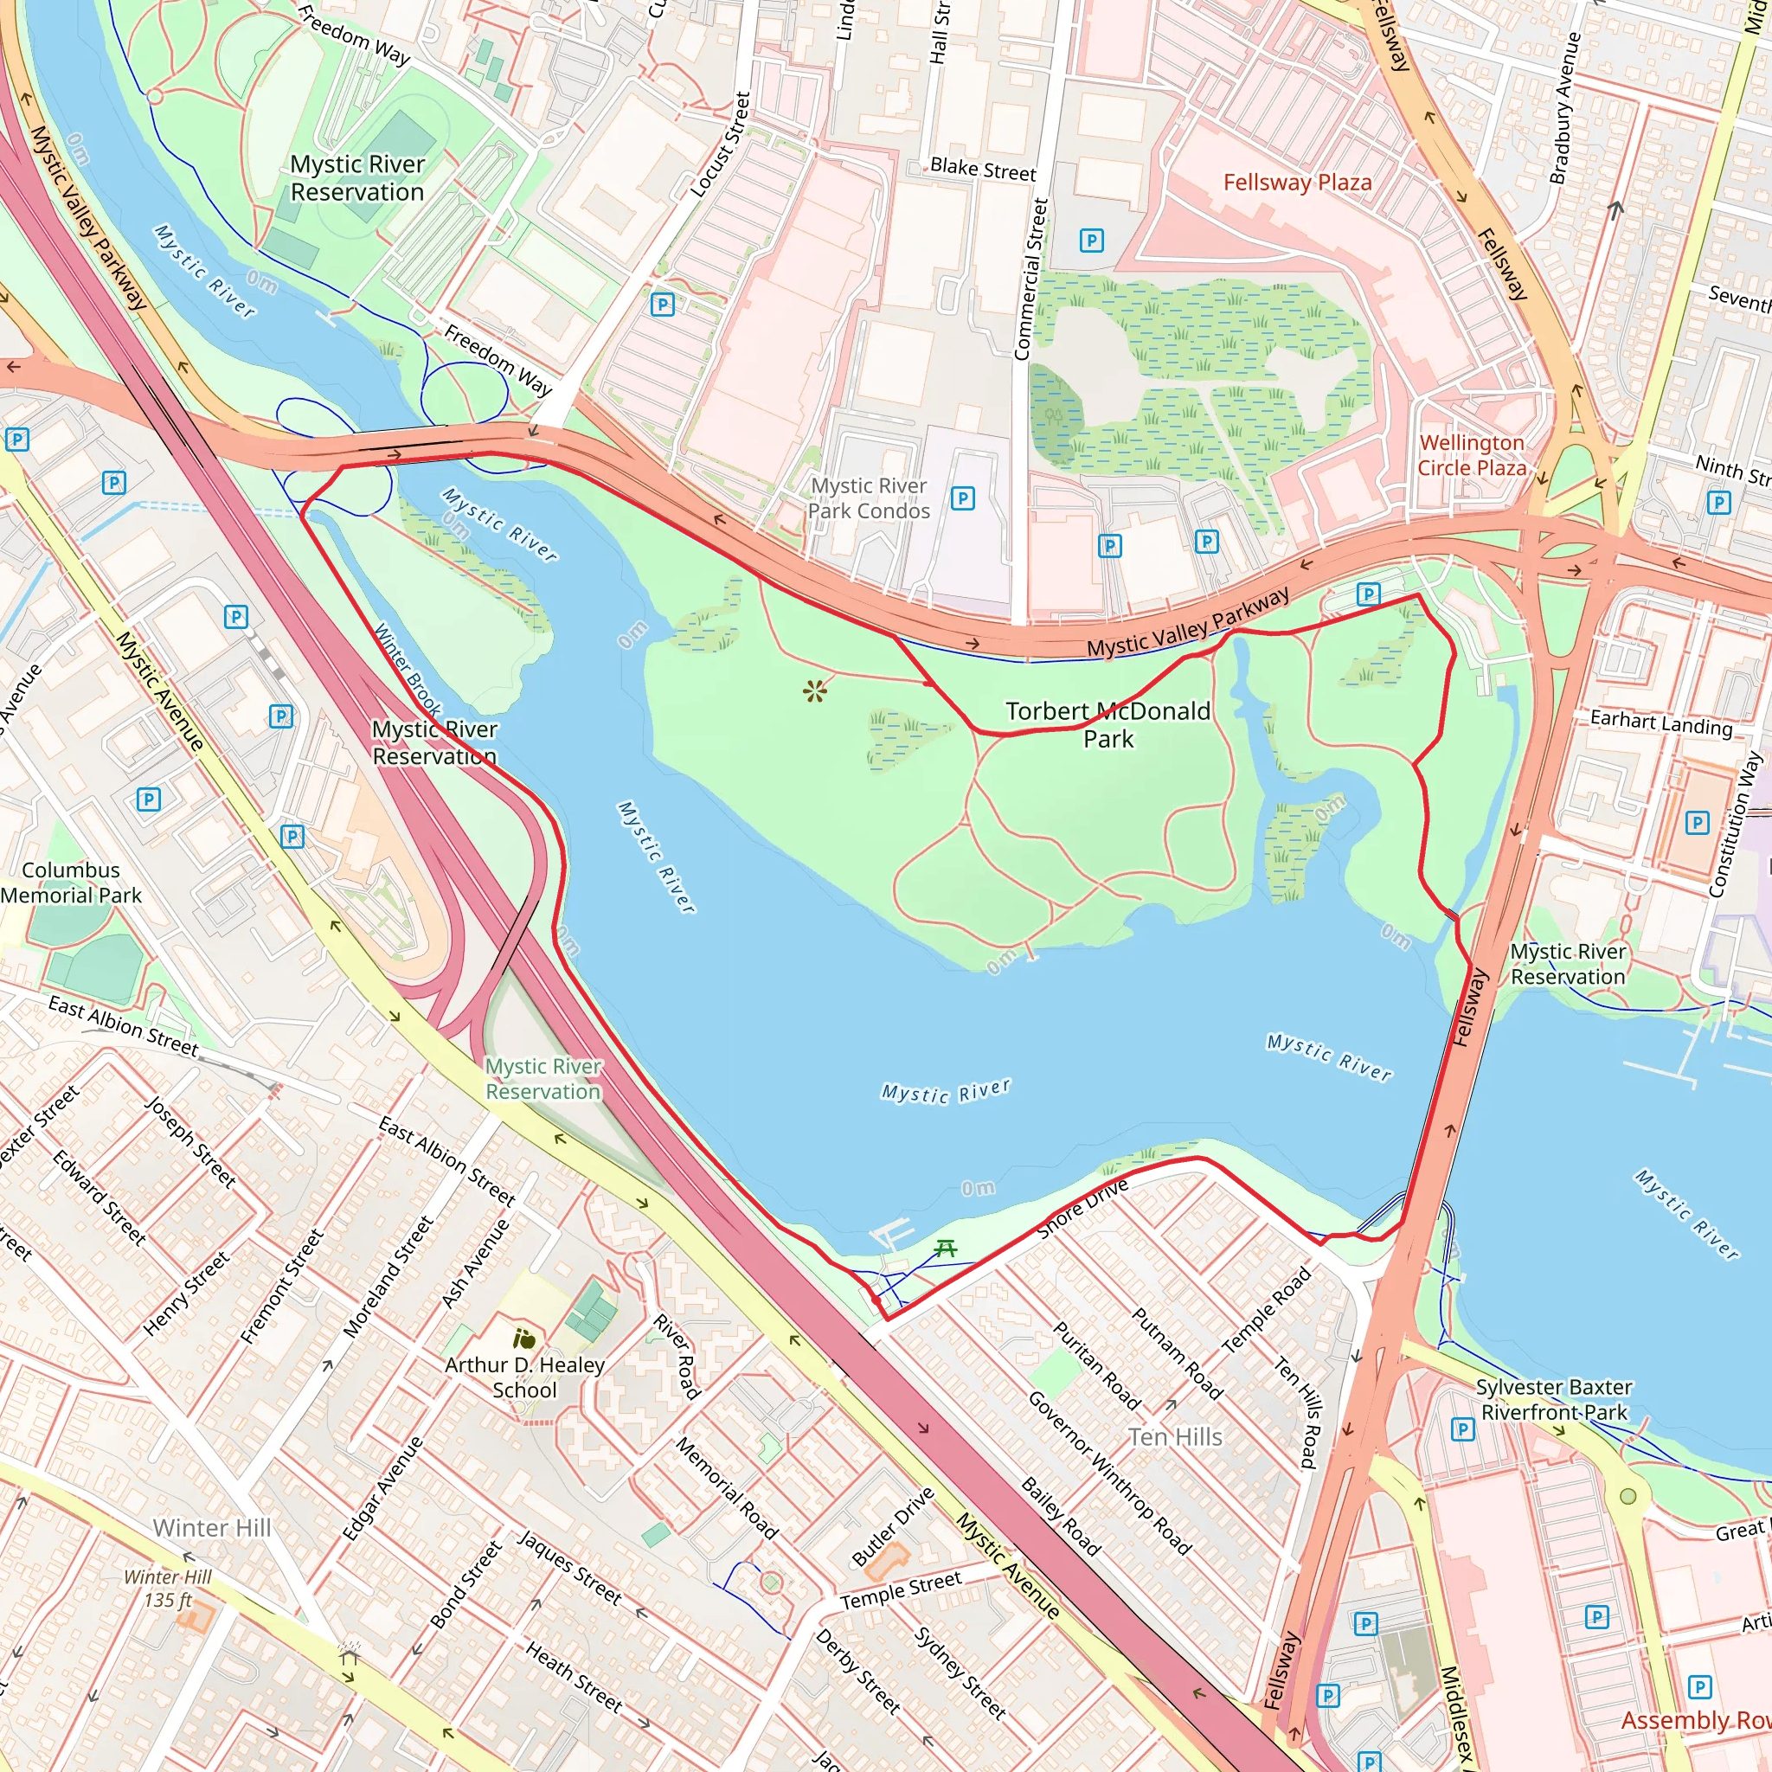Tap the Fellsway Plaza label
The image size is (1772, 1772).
pyautogui.click(x=1297, y=183)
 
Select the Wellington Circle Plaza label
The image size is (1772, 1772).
pyautogui.click(x=1471, y=455)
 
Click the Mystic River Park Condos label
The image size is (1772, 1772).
pyautogui.click(x=869, y=498)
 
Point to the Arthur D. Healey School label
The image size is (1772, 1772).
pyautogui.click(x=524, y=1377)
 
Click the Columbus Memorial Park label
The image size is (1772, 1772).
pyautogui.click(x=71, y=883)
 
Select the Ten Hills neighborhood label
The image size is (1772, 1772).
pyautogui.click(x=1175, y=1437)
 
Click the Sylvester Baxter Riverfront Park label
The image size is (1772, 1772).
pyautogui.click(x=1554, y=1400)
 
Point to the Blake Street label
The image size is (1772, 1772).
pyautogui.click(x=982, y=169)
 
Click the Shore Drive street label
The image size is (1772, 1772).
pyautogui.click(x=1082, y=1209)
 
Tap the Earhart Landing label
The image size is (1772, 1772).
pyautogui.click(x=1661, y=722)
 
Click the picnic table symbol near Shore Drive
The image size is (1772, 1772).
pyautogui.click(x=946, y=1249)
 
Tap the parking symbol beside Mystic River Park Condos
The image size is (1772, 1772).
pyautogui.click(x=962, y=498)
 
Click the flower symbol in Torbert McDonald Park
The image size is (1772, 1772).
pyautogui.click(x=814, y=690)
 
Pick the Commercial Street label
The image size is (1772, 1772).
pyautogui.click(x=1030, y=279)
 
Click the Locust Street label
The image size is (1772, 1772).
pyautogui.click(x=721, y=144)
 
